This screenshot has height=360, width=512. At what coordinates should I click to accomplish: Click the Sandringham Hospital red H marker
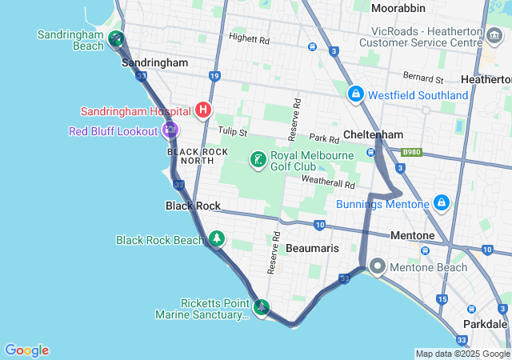click(x=204, y=110)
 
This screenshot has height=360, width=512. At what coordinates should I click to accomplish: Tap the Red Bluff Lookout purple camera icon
click(x=170, y=130)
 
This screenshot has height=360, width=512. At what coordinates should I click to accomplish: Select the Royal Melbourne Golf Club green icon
click(x=258, y=160)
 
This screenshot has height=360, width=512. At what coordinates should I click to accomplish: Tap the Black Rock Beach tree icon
click(x=217, y=239)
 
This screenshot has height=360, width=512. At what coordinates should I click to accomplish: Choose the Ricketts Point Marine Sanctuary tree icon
click(x=261, y=307)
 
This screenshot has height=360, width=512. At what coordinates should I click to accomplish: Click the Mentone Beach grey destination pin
click(x=377, y=267)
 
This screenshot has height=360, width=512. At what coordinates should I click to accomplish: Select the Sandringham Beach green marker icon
click(x=117, y=38)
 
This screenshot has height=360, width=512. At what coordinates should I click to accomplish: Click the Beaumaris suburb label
click(x=312, y=249)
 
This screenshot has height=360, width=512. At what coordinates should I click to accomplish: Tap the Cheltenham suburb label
click(x=372, y=134)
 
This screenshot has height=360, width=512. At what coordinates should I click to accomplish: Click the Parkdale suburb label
click(x=486, y=324)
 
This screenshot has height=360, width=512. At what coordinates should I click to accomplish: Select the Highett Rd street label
click(x=249, y=38)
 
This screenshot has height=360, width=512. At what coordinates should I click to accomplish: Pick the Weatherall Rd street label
click(x=327, y=181)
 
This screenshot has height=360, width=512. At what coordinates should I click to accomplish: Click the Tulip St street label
click(x=233, y=131)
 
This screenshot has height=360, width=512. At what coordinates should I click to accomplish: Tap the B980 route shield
click(x=411, y=151)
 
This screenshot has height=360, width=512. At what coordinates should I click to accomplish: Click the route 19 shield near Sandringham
click(x=214, y=76)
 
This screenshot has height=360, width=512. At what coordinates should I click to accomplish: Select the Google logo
click(x=26, y=350)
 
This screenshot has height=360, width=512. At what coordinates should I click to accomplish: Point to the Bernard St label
click(x=423, y=79)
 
